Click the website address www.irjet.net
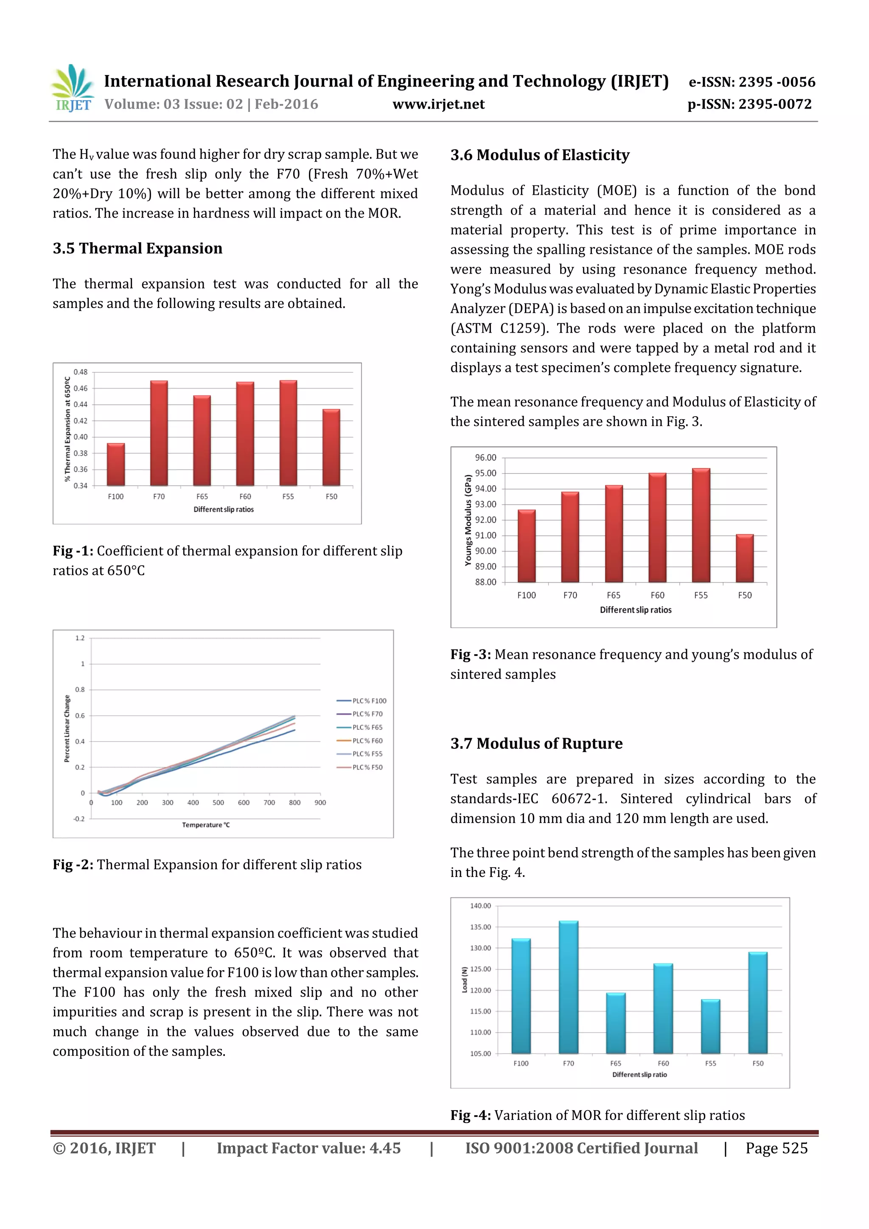pyautogui.click(x=438, y=104)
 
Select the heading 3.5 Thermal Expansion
pyautogui.click(x=137, y=248)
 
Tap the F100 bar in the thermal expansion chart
pyautogui.click(x=116, y=465)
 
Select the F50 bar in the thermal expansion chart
pyautogui.click(x=331, y=448)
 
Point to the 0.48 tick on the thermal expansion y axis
pyautogui.click(x=80, y=372)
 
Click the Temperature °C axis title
pyautogui.click(x=206, y=825)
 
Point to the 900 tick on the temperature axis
pyautogui.click(x=320, y=802)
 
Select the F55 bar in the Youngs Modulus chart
pyautogui.click(x=701, y=525)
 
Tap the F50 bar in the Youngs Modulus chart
pyautogui.click(x=744, y=558)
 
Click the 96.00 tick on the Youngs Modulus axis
pyautogui.click(x=486, y=458)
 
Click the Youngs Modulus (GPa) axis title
pyautogui.click(x=468, y=520)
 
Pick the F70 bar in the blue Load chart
pyautogui.click(x=568, y=988)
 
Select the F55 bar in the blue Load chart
pyautogui.click(x=710, y=1027)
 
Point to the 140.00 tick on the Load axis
pyautogui.click(x=480, y=906)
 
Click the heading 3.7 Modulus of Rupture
pyautogui.click(x=536, y=744)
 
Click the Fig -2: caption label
pyautogui.click(x=73, y=865)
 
